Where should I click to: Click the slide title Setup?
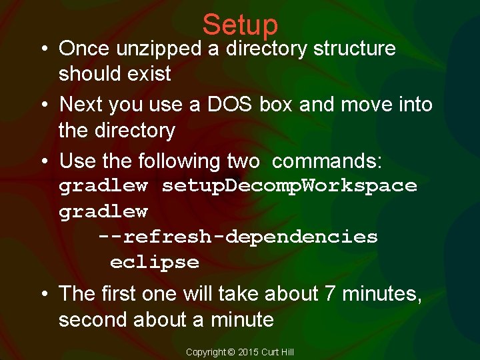(x=240, y=25)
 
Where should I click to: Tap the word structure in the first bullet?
(x=354, y=49)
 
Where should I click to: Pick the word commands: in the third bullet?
(x=327, y=161)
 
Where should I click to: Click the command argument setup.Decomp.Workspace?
(x=289, y=186)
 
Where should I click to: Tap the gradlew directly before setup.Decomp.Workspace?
(x=103, y=186)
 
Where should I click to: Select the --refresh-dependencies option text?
(x=237, y=237)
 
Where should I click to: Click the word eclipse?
(x=154, y=262)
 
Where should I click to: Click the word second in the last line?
(x=93, y=320)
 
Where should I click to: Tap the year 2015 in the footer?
(x=247, y=352)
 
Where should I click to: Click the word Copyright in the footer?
(x=207, y=352)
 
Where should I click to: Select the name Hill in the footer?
(x=287, y=352)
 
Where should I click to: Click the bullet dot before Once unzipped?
(x=41, y=49)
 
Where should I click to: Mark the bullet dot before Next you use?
(x=41, y=105)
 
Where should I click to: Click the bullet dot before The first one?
(x=41, y=295)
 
